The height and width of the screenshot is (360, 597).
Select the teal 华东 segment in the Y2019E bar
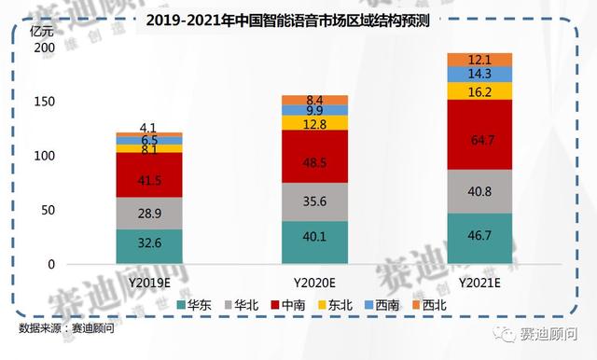coord(149,246)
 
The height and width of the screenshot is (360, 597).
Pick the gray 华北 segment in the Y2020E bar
coord(313,201)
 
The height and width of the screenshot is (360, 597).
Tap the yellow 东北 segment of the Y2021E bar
coord(479,90)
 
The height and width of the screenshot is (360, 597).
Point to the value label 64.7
coord(479,141)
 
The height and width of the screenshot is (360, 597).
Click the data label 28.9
coord(149,214)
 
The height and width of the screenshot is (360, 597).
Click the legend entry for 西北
coord(425,304)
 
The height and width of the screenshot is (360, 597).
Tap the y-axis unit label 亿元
coord(43,27)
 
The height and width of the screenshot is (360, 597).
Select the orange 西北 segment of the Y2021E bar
coord(479,60)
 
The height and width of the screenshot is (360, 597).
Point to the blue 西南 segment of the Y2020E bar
coord(313,110)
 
